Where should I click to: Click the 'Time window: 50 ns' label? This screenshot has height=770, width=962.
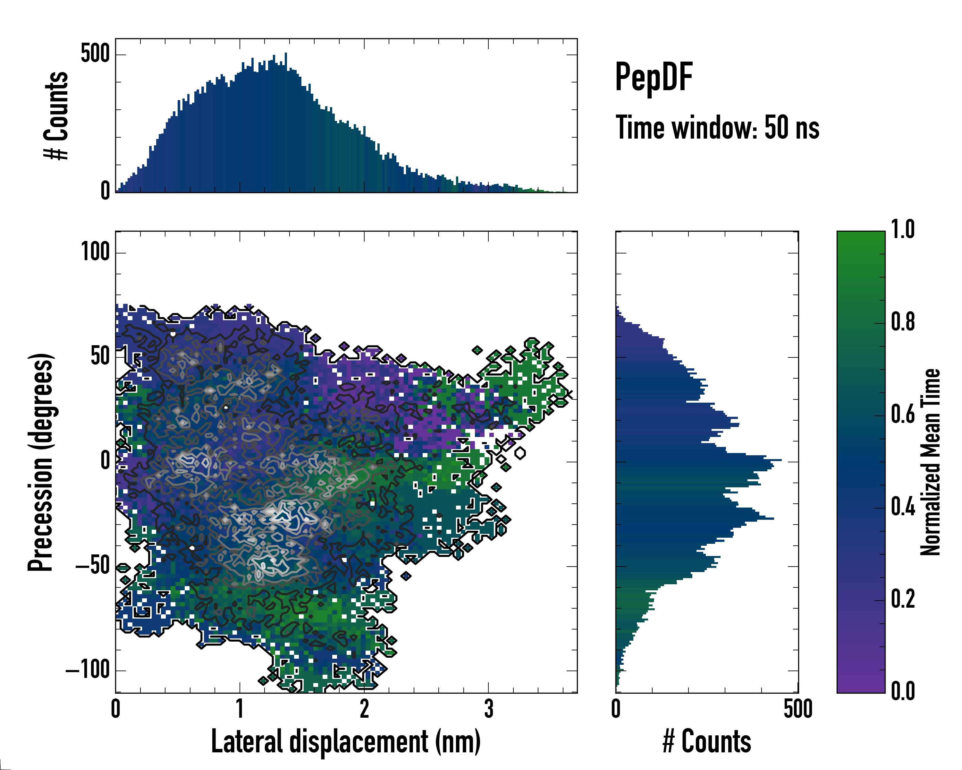[717, 128]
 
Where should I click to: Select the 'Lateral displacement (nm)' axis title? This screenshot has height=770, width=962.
[346, 741]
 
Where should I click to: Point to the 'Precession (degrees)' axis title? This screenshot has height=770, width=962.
[41, 462]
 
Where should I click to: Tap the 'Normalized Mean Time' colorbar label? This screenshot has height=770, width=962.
[930, 462]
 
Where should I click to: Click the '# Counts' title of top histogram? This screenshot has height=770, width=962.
[56, 115]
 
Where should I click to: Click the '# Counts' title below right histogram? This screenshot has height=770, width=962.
[707, 741]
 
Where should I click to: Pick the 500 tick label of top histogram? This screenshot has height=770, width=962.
[95, 54]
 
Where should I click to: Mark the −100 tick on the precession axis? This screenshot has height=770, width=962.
[88, 670]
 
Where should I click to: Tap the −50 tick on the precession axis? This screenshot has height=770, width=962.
[92, 566]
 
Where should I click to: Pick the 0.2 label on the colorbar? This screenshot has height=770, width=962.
[903, 599]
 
